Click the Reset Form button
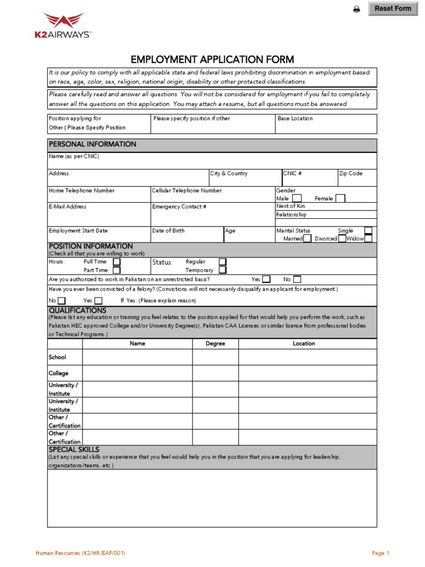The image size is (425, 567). tap(393, 9)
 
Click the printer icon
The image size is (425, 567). tap(357, 9)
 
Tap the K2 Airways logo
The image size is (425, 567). tap(64, 27)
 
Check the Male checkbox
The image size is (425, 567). tap(297, 198)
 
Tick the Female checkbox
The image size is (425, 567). tap(340, 198)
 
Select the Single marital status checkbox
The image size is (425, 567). tap(368, 231)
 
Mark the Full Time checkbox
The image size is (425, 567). tap(117, 262)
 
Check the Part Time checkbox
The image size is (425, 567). tap(117, 270)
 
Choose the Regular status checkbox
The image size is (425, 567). tap(222, 262)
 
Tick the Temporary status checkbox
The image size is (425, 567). tap(222, 270)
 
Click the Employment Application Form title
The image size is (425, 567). tap(212, 60)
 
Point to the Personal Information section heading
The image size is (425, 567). tap(92, 145)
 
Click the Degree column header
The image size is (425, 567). tap(215, 344)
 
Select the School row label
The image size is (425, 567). tap(58, 358)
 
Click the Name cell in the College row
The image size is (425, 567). tap(137, 373)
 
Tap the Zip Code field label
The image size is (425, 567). tap(350, 174)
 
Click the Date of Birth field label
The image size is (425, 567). tap(168, 231)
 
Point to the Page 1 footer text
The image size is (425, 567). tap(381, 553)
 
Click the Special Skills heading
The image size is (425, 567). tap(74, 450)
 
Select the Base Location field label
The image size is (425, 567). tap(295, 118)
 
